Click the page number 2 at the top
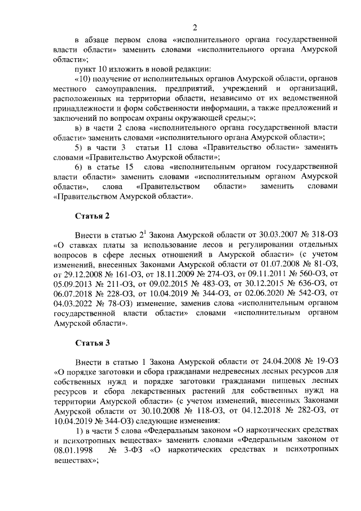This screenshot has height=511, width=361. point(194,28)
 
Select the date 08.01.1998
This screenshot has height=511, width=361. point(73,452)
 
